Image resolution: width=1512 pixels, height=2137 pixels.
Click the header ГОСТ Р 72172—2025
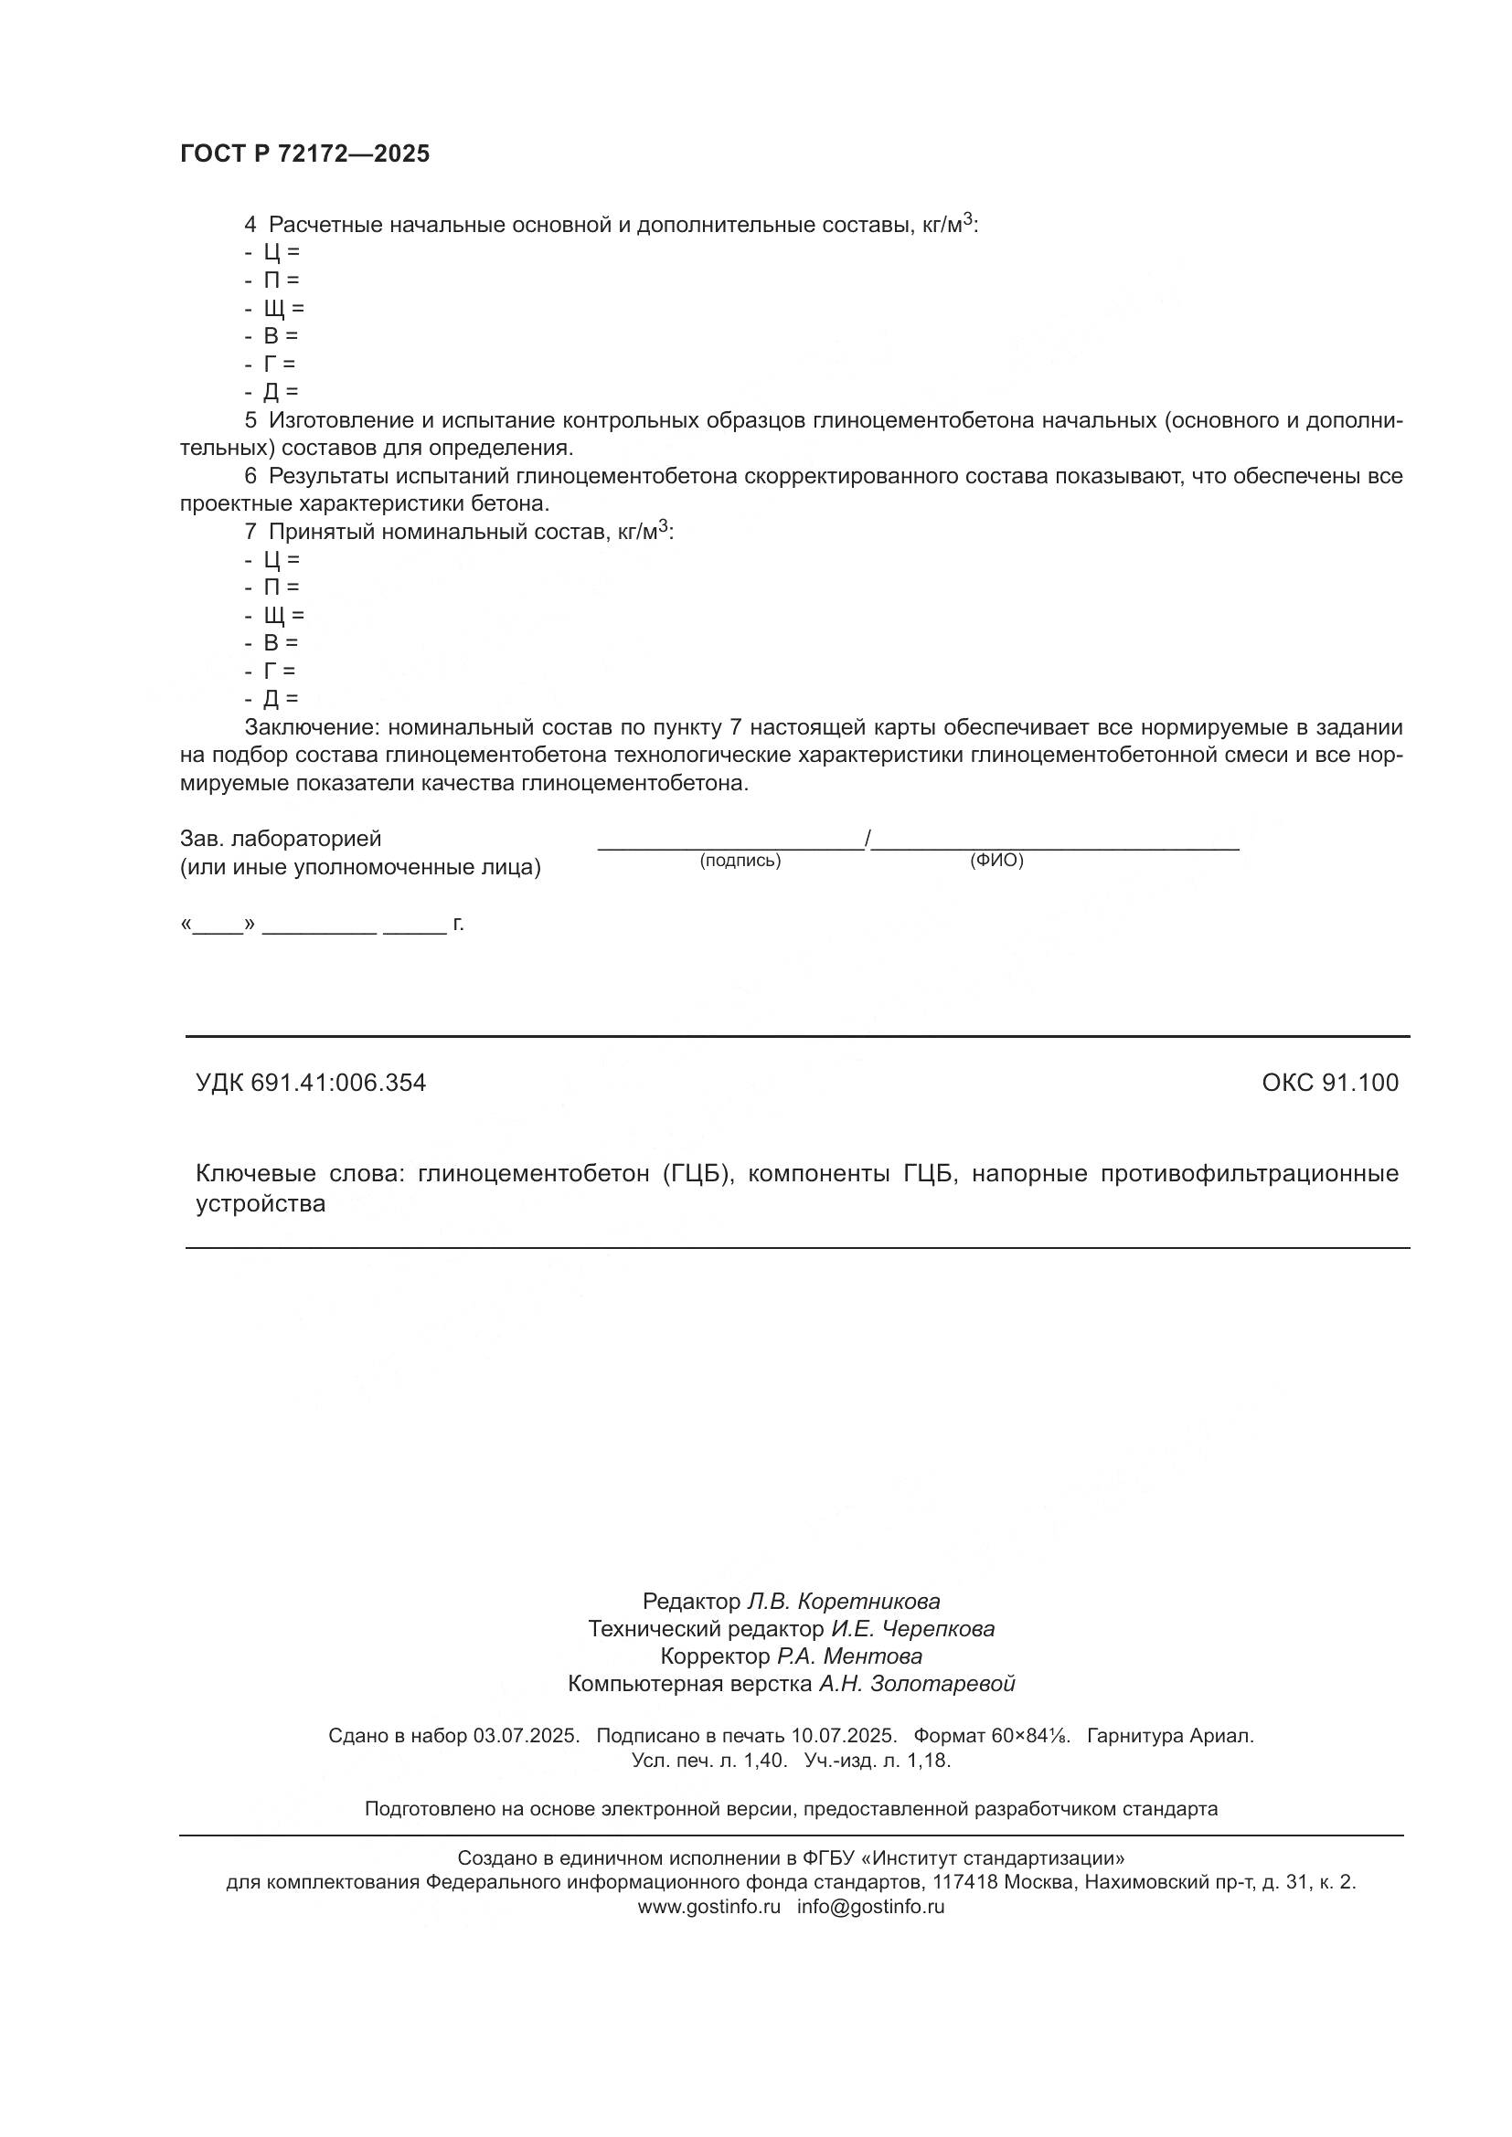pos(304,154)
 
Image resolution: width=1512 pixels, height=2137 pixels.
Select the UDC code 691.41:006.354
pos(338,1083)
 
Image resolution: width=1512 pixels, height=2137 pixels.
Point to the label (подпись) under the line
pos(740,861)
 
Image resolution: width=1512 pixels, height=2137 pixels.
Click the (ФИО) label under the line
pos(996,861)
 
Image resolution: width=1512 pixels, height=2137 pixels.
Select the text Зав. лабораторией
pos(281,839)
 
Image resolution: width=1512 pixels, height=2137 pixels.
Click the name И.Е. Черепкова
pos(912,1629)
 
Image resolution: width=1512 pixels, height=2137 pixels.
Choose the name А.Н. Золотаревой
pos(916,1684)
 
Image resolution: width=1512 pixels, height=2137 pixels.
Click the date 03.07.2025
pos(526,1736)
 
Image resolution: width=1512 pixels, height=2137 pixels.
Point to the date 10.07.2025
pos(844,1736)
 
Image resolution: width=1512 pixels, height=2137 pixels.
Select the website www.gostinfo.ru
pos(708,1906)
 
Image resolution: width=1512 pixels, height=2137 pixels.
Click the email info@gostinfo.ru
pos(870,1906)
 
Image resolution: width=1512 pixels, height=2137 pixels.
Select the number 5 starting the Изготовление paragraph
pos(250,420)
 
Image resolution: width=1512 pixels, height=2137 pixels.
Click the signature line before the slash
pos(731,848)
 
